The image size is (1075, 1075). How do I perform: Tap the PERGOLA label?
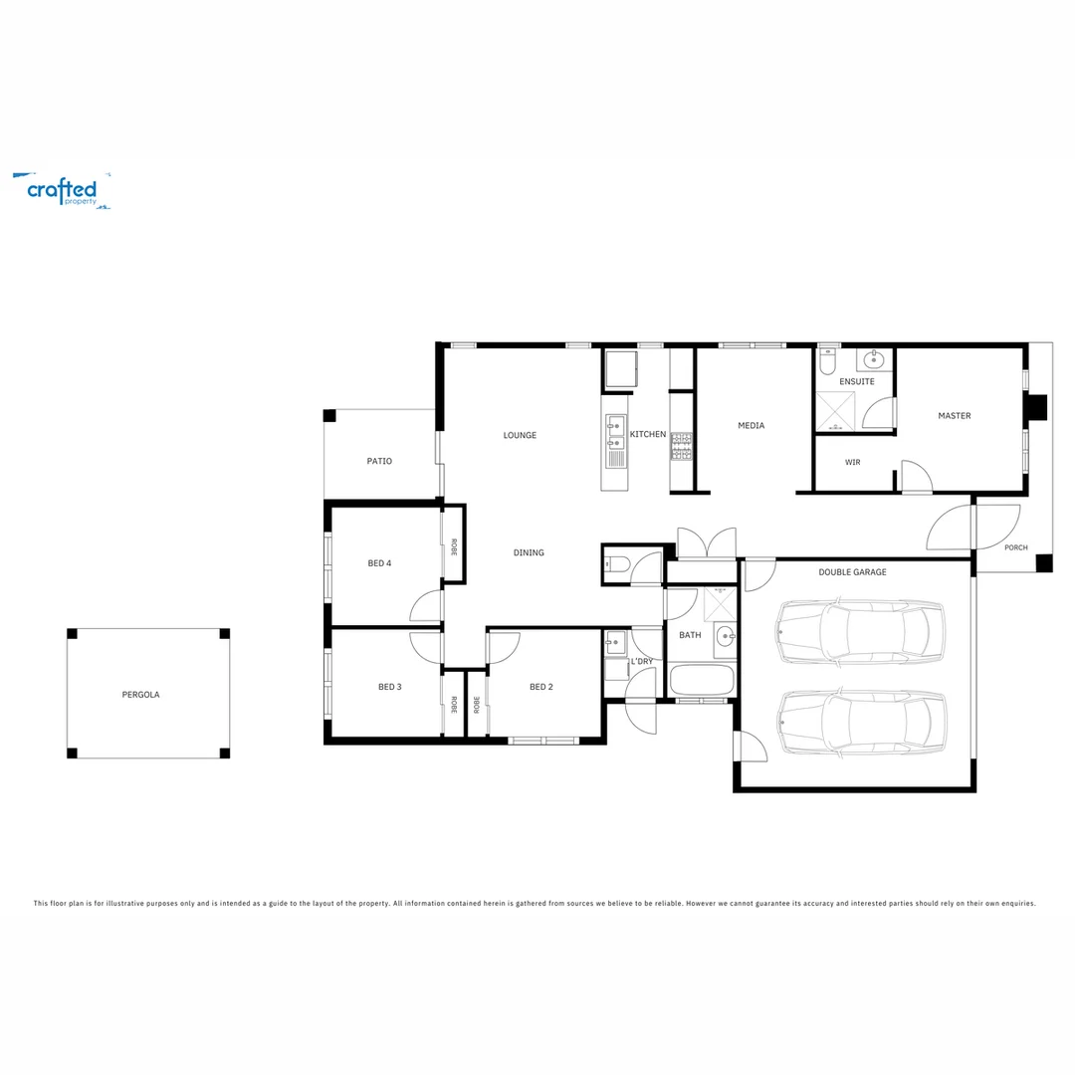[x=140, y=695]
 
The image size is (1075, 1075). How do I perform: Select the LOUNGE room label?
[x=520, y=435]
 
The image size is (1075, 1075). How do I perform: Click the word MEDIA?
[x=751, y=426]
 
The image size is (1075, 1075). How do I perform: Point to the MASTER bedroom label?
[x=954, y=416]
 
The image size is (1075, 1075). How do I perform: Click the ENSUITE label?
[x=856, y=382]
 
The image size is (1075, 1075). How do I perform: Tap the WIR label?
[x=852, y=462]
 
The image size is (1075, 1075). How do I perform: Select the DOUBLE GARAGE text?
[x=852, y=572]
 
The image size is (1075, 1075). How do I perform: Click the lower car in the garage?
[x=861, y=723]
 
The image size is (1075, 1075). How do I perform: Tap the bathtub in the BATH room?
[x=702, y=682]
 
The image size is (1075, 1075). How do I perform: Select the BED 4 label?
[x=379, y=563]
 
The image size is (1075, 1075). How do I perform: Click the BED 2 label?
[x=540, y=687]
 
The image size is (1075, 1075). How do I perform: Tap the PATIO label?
[x=379, y=462]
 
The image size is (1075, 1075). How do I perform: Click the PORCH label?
[x=1015, y=547]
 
